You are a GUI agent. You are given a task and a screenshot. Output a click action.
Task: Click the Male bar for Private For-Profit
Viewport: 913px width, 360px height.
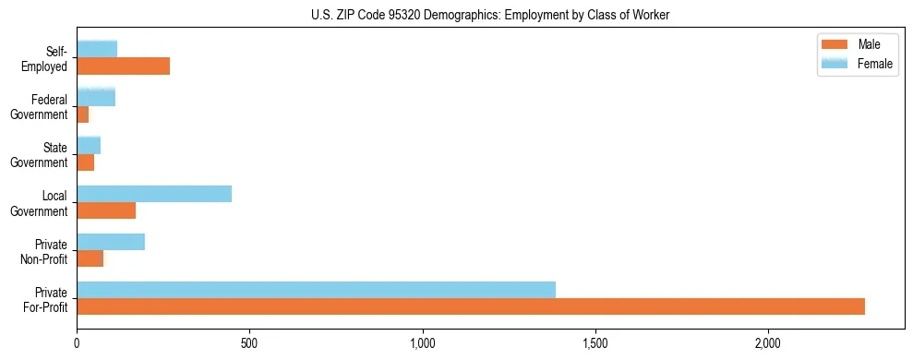(x=471, y=306)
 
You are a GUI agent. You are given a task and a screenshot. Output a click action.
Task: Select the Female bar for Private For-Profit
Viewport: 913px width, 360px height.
(x=316, y=290)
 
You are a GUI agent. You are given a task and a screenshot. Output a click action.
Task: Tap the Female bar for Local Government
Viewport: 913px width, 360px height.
(x=154, y=194)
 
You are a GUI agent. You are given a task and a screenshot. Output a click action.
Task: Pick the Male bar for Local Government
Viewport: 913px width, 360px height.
(x=106, y=210)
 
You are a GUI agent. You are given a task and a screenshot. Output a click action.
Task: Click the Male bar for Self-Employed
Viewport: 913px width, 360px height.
(x=123, y=66)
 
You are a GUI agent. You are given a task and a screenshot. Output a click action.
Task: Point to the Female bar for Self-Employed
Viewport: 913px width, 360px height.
(x=97, y=49)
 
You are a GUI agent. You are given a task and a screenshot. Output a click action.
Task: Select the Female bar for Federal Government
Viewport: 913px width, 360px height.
(x=96, y=98)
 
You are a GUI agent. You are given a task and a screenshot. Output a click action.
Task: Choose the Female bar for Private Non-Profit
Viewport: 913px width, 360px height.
(x=111, y=242)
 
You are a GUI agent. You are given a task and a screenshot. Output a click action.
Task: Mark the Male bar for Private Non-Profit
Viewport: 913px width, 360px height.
(x=90, y=258)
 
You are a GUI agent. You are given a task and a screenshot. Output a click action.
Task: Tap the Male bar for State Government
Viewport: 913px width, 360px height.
(x=85, y=162)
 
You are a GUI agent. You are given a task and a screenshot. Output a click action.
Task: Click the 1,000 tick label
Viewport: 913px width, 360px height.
(x=422, y=343)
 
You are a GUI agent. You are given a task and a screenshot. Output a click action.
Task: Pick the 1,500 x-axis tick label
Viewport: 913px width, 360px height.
(x=595, y=343)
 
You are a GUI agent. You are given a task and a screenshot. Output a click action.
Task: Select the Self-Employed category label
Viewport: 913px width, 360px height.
(x=48, y=58)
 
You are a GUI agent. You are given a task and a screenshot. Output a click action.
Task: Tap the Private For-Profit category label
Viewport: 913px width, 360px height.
(x=45, y=299)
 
